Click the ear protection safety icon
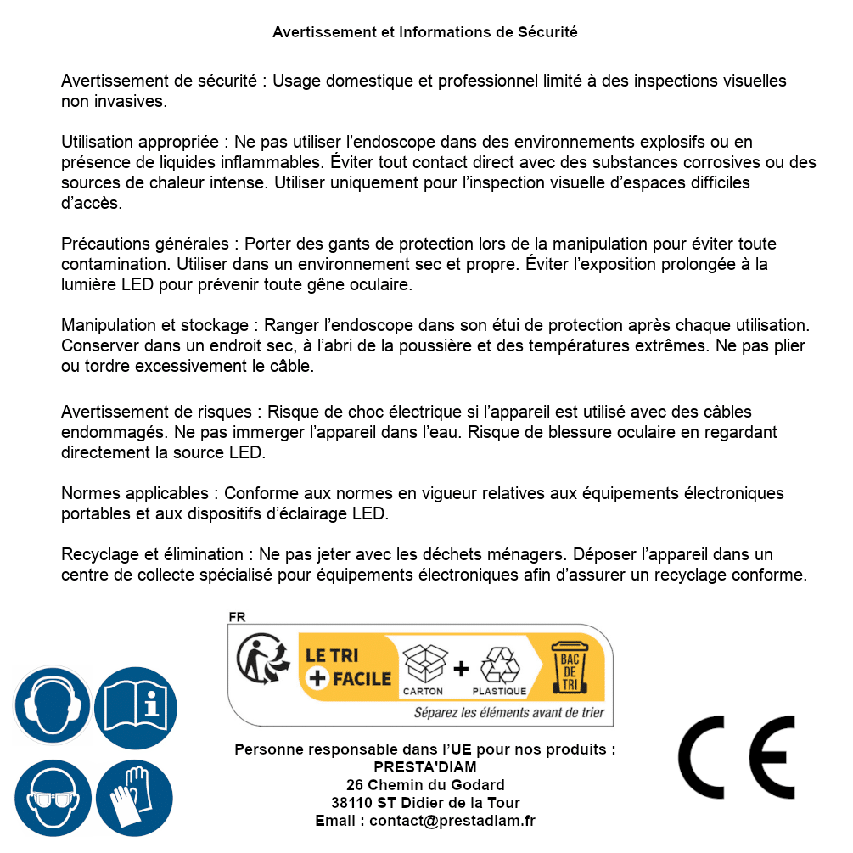53,706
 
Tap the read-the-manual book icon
136,706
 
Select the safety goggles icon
53,798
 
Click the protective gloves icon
134,798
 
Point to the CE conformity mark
737,752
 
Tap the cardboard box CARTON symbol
423,668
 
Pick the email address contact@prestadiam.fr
452,821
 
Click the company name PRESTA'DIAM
424,767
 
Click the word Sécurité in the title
547,32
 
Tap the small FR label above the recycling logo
237,617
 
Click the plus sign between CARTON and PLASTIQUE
461,669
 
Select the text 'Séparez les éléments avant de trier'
508,713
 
